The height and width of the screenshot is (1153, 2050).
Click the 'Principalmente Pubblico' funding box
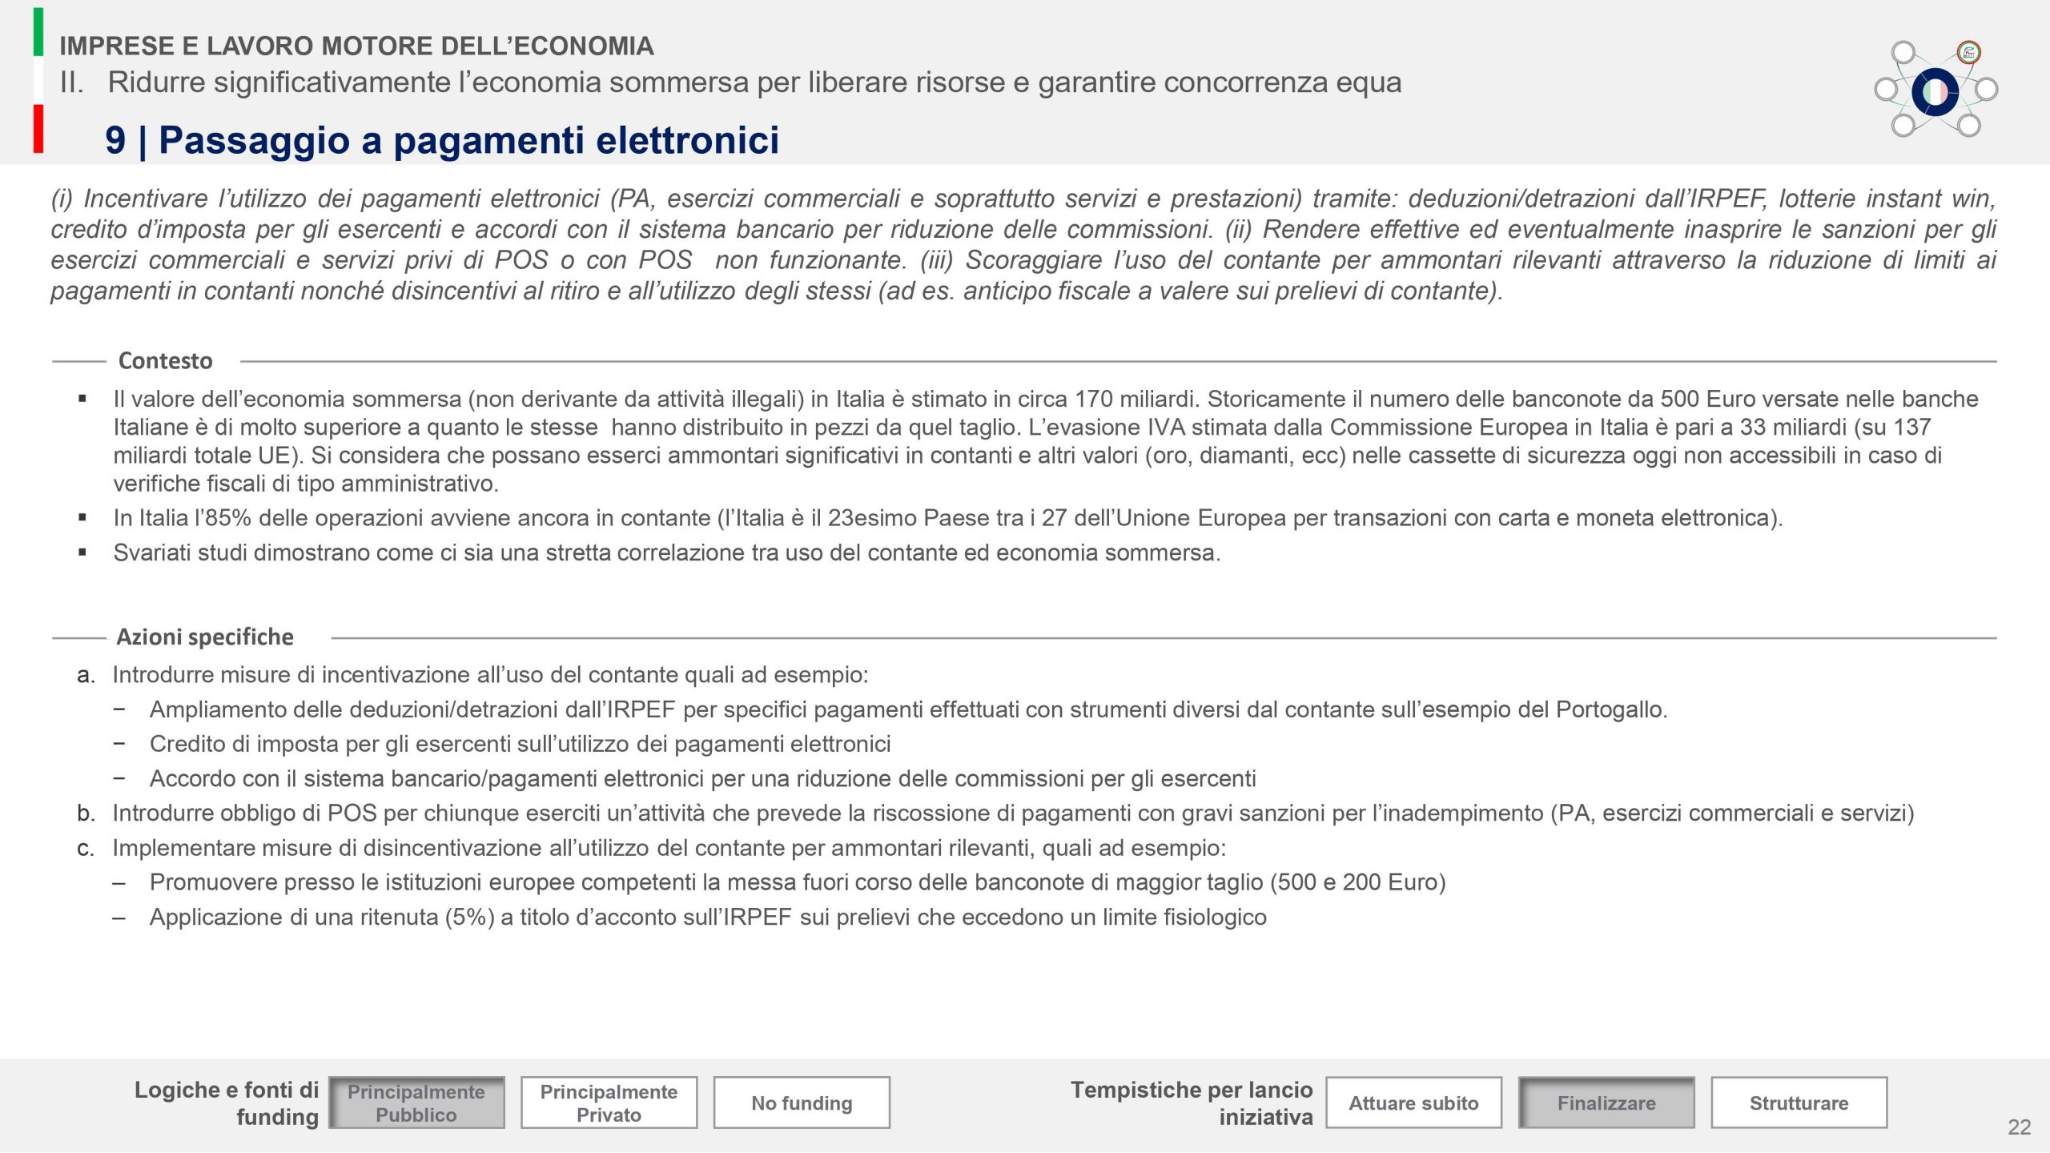pos(416,1103)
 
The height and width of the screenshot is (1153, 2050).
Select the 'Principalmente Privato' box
pos(609,1103)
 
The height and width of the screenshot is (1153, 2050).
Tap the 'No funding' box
pos(802,1103)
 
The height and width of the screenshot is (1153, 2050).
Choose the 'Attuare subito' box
pos(1413,1103)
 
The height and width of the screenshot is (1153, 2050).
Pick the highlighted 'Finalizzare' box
pos(1606,1103)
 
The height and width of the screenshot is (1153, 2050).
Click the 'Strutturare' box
pos(1799,1103)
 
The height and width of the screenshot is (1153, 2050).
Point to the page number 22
pos(2019,1127)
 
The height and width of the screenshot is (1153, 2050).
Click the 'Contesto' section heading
pos(166,361)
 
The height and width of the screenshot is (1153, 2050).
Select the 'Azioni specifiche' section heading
pos(205,637)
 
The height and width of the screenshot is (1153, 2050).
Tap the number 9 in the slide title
pos(115,140)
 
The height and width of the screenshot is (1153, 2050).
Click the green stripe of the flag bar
pos(38,32)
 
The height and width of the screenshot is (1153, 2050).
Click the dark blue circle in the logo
pos(1935,92)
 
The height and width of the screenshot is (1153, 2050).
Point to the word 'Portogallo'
pos(1610,709)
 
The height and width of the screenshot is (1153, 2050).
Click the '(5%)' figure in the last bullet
pos(470,917)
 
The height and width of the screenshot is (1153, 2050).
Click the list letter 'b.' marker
pos(86,814)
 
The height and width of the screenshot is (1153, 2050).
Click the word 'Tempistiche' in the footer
pos(1136,1090)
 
